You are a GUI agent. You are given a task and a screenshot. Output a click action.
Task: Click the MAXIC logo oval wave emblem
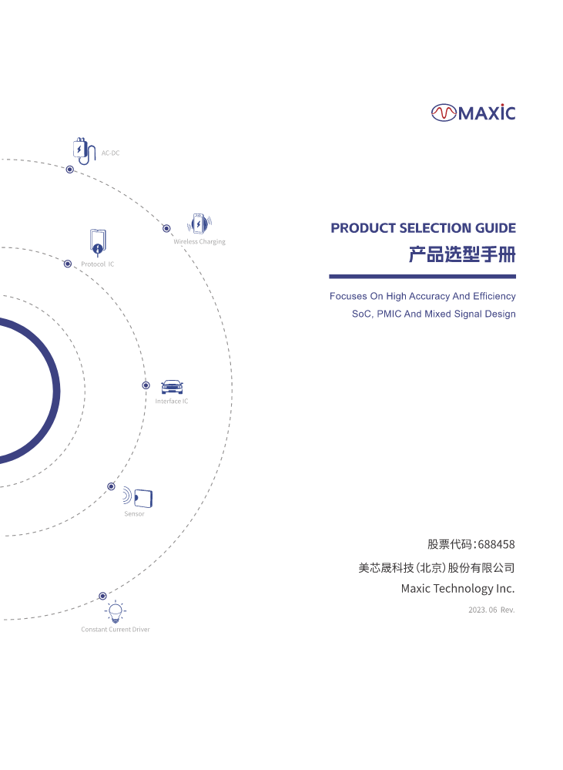(x=444, y=113)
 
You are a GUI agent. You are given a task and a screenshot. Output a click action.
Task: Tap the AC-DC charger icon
(x=84, y=151)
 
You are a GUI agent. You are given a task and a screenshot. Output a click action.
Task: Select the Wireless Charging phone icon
(x=199, y=224)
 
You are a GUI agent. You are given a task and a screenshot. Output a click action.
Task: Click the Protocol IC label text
(x=97, y=264)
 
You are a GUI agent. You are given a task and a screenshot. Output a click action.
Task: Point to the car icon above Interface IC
(x=172, y=387)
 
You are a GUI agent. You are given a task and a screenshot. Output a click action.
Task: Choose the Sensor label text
(x=134, y=513)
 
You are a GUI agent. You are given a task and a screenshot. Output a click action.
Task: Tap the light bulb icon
(x=116, y=612)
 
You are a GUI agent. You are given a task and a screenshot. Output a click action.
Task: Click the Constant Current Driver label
(x=116, y=630)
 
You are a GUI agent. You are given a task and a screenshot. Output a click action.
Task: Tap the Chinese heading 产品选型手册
(x=462, y=255)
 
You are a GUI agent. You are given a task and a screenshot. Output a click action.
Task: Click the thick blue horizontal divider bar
(x=422, y=277)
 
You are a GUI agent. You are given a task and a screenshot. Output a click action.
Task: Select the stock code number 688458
(x=496, y=544)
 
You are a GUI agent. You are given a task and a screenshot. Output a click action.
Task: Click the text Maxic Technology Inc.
(x=458, y=589)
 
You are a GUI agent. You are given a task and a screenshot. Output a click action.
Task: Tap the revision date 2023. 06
(x=482, y=610)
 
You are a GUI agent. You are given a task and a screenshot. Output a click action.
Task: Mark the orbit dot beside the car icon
(x=146, y=385)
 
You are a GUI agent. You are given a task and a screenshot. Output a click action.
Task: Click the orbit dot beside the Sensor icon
(x=112, y=486)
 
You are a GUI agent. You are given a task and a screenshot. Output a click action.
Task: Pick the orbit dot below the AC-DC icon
(x=69, y=170)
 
